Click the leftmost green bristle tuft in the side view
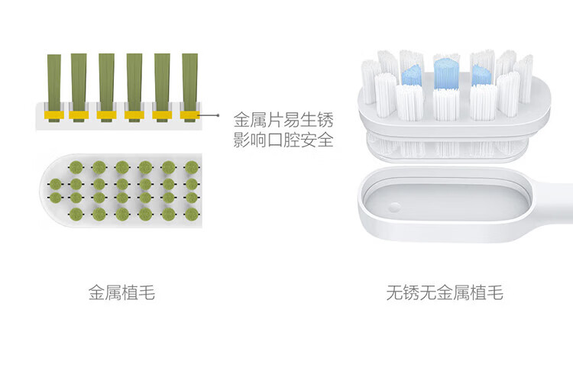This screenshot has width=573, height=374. point(53,79)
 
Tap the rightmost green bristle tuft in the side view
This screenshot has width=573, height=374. point(189,79)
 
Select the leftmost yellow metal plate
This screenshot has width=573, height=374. point(53,115)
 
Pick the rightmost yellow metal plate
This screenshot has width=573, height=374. point(189,115)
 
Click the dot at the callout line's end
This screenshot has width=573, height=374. point(219,116)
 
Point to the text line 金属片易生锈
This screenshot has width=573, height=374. point(283,120)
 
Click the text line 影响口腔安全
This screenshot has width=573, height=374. point(283,141)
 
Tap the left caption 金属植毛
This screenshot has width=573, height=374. point(121,292)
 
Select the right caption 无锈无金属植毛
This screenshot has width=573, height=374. point(445,292)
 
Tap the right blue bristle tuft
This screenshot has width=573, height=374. point(481,73)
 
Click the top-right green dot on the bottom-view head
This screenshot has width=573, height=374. point(192,166)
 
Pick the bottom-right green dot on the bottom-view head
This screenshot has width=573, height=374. point(192,214)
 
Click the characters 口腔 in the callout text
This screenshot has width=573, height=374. point(283,141)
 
